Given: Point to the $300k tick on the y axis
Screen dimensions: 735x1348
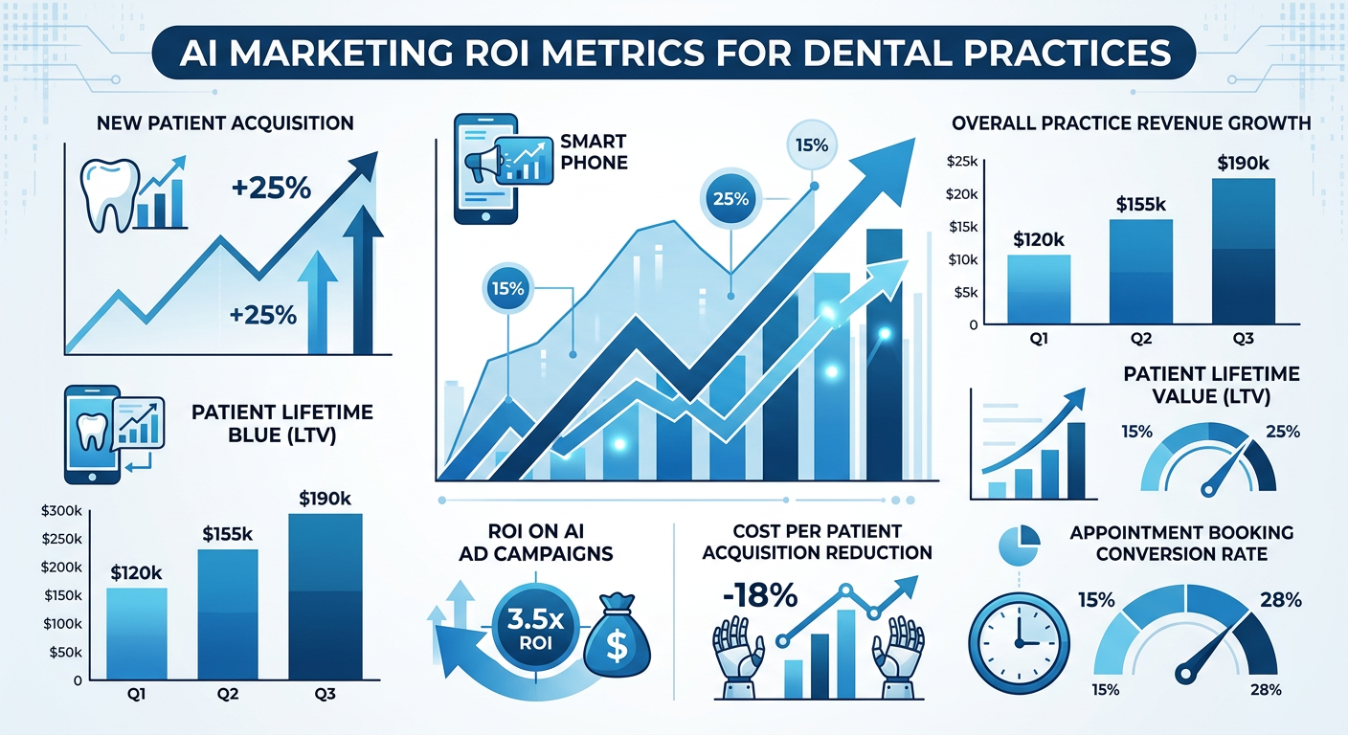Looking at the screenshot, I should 62,511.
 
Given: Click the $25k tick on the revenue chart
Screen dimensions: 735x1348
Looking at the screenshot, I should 960,162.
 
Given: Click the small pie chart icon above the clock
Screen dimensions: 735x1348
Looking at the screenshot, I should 1018,544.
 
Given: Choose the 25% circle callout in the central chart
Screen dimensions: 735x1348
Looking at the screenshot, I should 730,199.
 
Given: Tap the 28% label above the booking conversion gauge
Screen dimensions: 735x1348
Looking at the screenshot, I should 1281,600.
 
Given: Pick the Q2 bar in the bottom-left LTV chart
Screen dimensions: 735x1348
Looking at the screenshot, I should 229,612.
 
